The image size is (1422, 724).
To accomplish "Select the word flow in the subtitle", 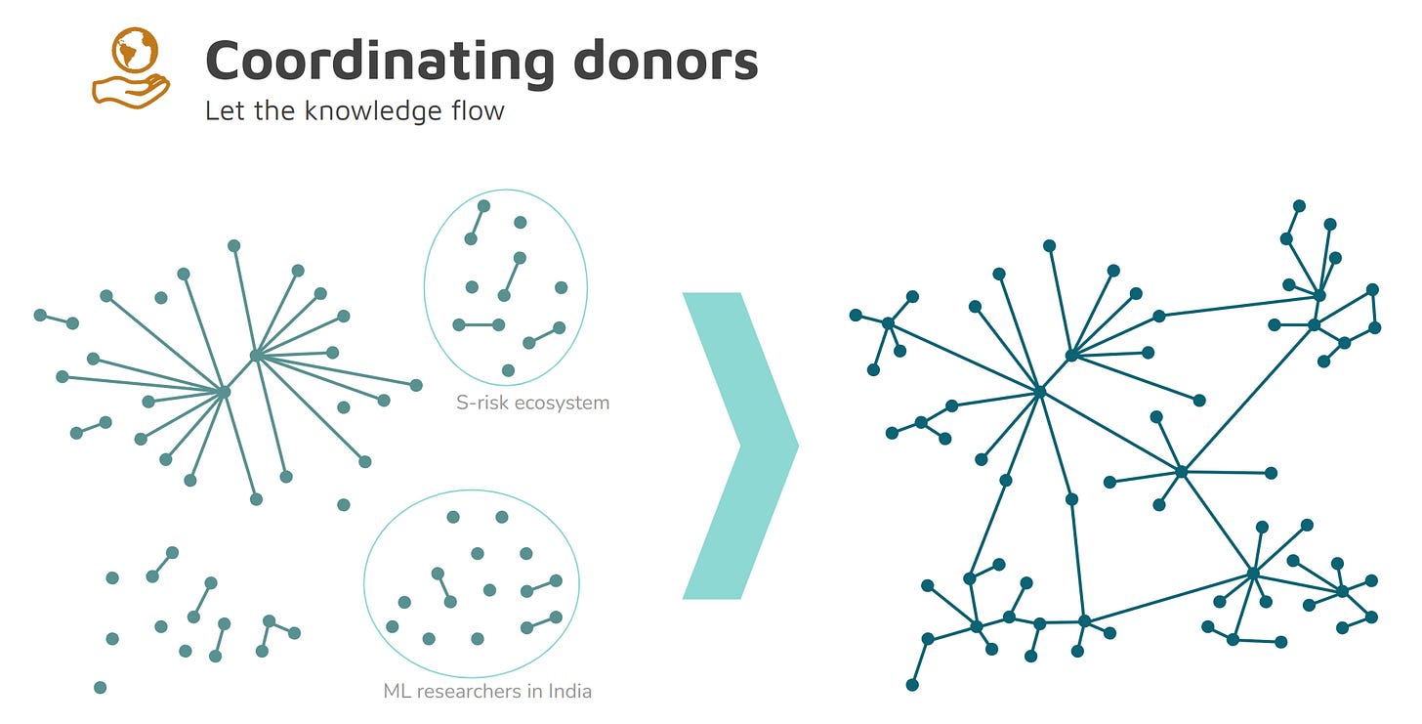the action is [x=478, y=109].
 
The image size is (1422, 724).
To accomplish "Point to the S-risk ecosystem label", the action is [x=532, y=402].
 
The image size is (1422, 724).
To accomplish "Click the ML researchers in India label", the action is [x=487, y=691].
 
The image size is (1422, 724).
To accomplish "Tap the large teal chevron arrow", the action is [x=740, y=445].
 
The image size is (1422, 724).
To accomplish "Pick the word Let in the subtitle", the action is [x=221, y=109].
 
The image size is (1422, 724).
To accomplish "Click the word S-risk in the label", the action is [x=477, y=402].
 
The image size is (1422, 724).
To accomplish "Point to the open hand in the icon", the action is [x=131, y=90].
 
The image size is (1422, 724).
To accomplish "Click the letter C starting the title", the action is [x=224, y=61].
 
